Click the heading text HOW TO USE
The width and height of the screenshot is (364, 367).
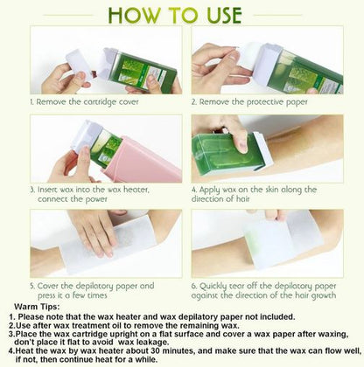pos(181,15)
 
